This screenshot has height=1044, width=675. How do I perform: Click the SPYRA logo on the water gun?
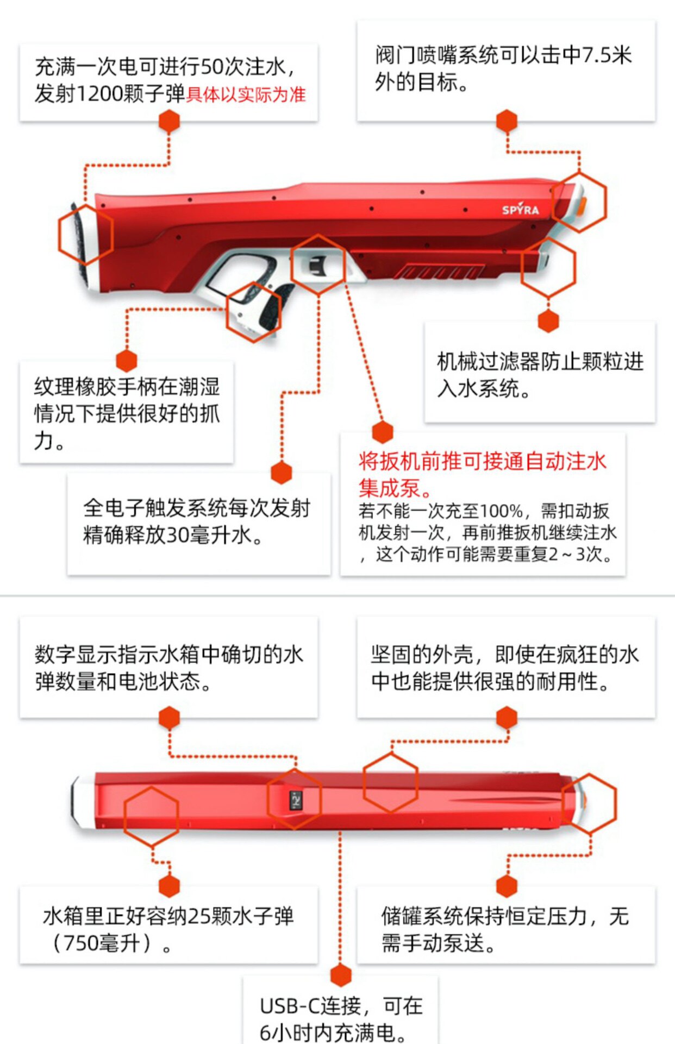click(x=520, y=210)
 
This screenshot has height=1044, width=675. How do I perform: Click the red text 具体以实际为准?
click(x=246, y=95)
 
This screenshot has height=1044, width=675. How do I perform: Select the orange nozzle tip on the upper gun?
click(x=582, y=206)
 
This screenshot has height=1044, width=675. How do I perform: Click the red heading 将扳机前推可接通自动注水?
click(x=482, y=461)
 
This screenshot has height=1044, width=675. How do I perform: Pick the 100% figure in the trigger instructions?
click(x=501, y=511)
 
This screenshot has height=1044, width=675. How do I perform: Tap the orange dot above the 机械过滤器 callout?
click(x=548, y=321)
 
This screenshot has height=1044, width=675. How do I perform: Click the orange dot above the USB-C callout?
click(x=341, y=974)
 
